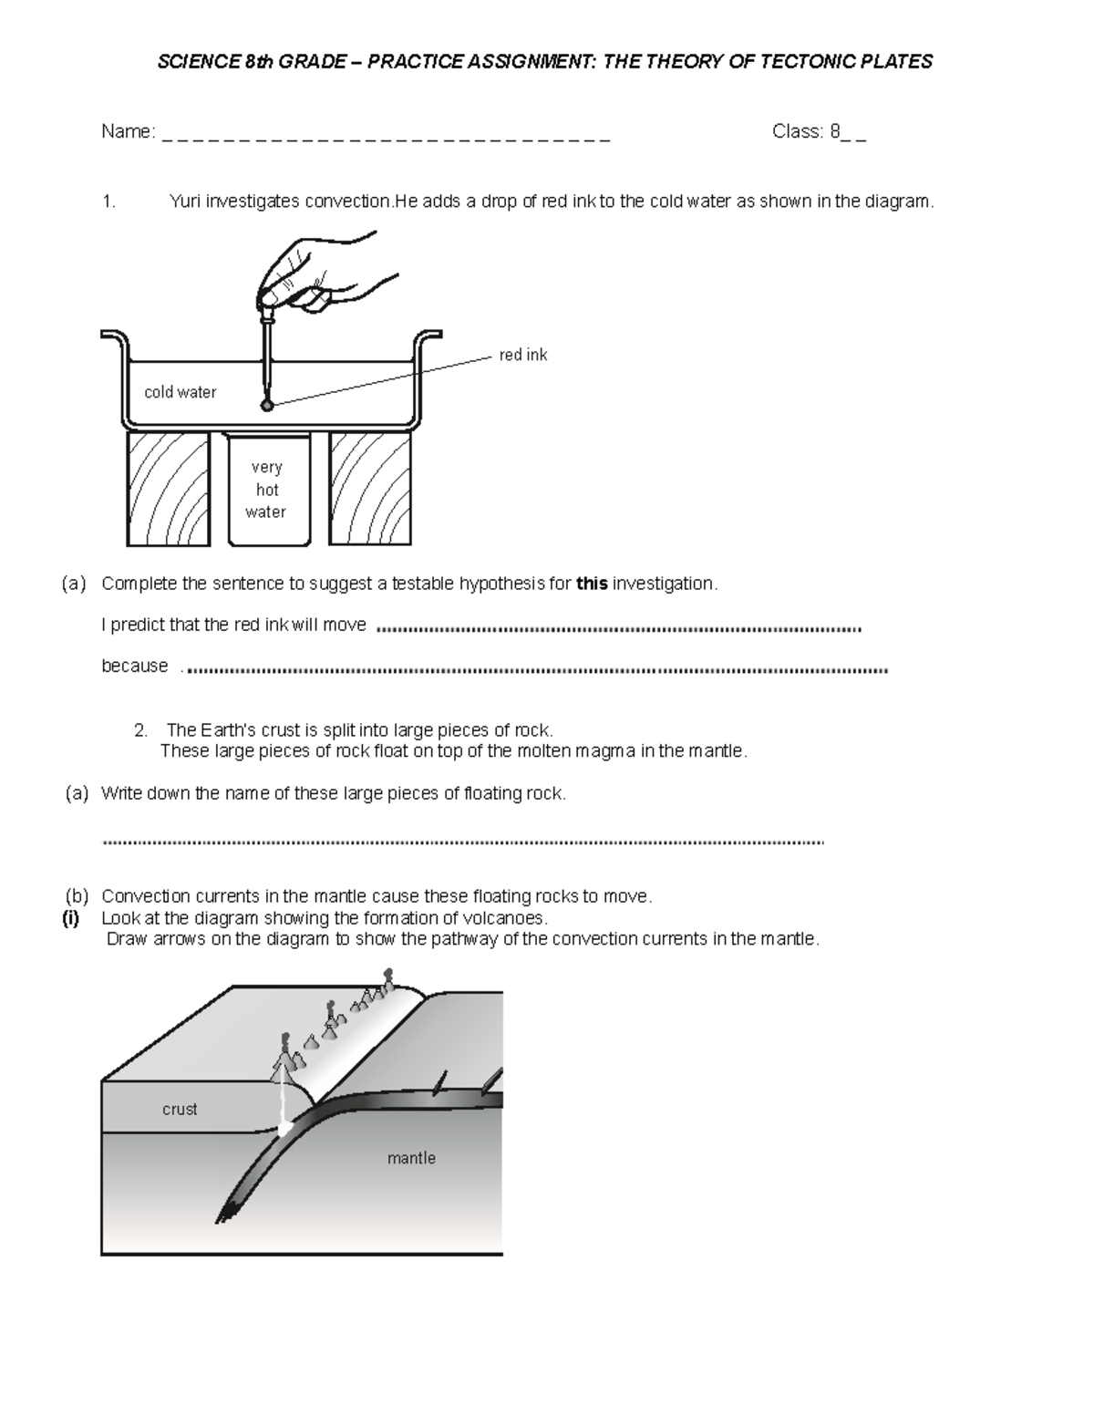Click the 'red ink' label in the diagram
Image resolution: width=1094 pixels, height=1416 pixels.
coord(522,355)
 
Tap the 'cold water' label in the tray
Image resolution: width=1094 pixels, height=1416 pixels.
coord(180,392)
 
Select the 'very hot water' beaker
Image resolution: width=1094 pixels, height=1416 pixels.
coord(267,490)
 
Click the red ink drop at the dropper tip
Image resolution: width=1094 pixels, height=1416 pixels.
coord(266,405)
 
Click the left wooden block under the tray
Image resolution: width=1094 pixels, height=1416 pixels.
coord(168,489)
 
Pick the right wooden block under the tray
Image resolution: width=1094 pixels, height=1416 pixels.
coord(370,489)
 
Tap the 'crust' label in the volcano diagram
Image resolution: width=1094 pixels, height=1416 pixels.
coord(180,1109)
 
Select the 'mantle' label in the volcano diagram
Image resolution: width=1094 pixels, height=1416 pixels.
coord(411,1158)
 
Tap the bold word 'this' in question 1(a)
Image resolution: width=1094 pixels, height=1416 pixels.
coord(592,584)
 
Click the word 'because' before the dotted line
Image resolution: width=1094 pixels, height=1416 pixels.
coord(134,666)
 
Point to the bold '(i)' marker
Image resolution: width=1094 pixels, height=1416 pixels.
coord(71,918)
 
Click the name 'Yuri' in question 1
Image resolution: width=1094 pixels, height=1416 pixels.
coord(185,202)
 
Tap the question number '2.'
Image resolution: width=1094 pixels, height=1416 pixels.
coord(140,730)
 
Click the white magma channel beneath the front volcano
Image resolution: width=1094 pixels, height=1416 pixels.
coord(285,1103)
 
